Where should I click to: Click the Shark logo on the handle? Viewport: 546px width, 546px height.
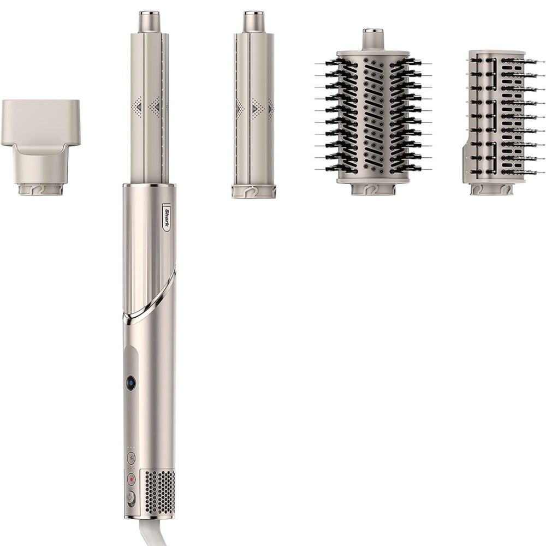coord(167,217)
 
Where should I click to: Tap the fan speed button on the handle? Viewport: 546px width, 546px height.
coord(131,458)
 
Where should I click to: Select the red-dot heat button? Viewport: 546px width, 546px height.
coord(131,479)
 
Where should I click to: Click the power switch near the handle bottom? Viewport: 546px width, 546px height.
coord(130,497)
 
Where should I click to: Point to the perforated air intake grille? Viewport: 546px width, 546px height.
coord(159,492)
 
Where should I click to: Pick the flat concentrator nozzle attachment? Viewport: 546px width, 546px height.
coord(40,147)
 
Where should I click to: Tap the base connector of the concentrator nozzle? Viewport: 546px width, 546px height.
coord(40,190)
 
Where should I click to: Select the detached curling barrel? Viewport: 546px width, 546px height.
coord(254,104)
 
